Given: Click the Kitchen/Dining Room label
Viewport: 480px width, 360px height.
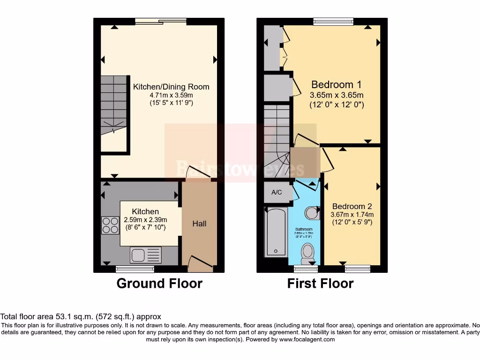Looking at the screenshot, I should (171, 87).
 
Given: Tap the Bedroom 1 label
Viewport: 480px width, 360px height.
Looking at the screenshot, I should (337, 85).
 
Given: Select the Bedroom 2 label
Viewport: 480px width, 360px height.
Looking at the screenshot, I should (352, 206).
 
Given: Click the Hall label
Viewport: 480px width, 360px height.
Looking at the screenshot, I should (199, 224).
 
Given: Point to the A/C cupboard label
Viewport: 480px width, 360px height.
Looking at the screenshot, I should (276, 192).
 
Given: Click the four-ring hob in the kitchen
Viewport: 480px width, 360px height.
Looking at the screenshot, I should (110, 225).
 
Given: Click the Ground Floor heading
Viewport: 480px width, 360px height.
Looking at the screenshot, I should (159, 284).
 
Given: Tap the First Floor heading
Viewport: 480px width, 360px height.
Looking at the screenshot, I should (320, 284).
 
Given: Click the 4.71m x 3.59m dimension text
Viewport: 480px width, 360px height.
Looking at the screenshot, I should (171, 95).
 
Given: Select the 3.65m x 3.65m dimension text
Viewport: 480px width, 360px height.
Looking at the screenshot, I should (337, 95).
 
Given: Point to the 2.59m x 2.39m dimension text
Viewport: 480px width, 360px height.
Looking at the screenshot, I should (145, 220).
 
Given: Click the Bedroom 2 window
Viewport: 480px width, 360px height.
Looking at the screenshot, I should (358, 269).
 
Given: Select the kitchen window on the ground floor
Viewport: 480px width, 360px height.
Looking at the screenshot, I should (135, 269).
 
